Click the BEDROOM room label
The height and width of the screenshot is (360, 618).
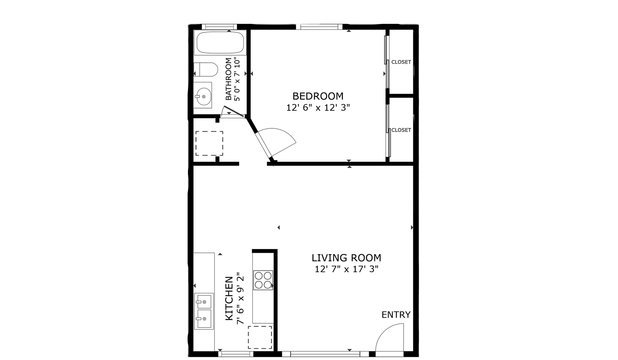[318, 96]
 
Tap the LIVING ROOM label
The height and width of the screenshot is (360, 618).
[346, 258]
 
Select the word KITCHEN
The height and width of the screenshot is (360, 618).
[229, 298]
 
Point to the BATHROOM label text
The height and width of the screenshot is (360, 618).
[229, 79]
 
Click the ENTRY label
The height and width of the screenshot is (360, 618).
[396, 315]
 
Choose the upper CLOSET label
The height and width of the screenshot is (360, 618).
[401, 62]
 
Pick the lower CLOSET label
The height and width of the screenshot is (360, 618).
[401, 130]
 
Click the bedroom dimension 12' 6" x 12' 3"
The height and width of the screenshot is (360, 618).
[318, 107]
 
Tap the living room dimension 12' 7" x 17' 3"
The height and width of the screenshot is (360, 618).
[346, 269]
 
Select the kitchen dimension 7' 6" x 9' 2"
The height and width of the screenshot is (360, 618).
[240, 298]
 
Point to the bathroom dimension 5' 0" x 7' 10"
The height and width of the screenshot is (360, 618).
[237, 79]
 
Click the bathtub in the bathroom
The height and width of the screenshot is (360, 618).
[220, 42]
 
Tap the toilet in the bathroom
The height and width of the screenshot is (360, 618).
[206, 69]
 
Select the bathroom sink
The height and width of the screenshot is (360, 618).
[203, 95]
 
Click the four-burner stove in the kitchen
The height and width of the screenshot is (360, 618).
[263, 280]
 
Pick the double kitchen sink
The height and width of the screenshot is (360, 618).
[204, 311]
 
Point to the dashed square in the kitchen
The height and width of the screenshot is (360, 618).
[260, 337]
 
